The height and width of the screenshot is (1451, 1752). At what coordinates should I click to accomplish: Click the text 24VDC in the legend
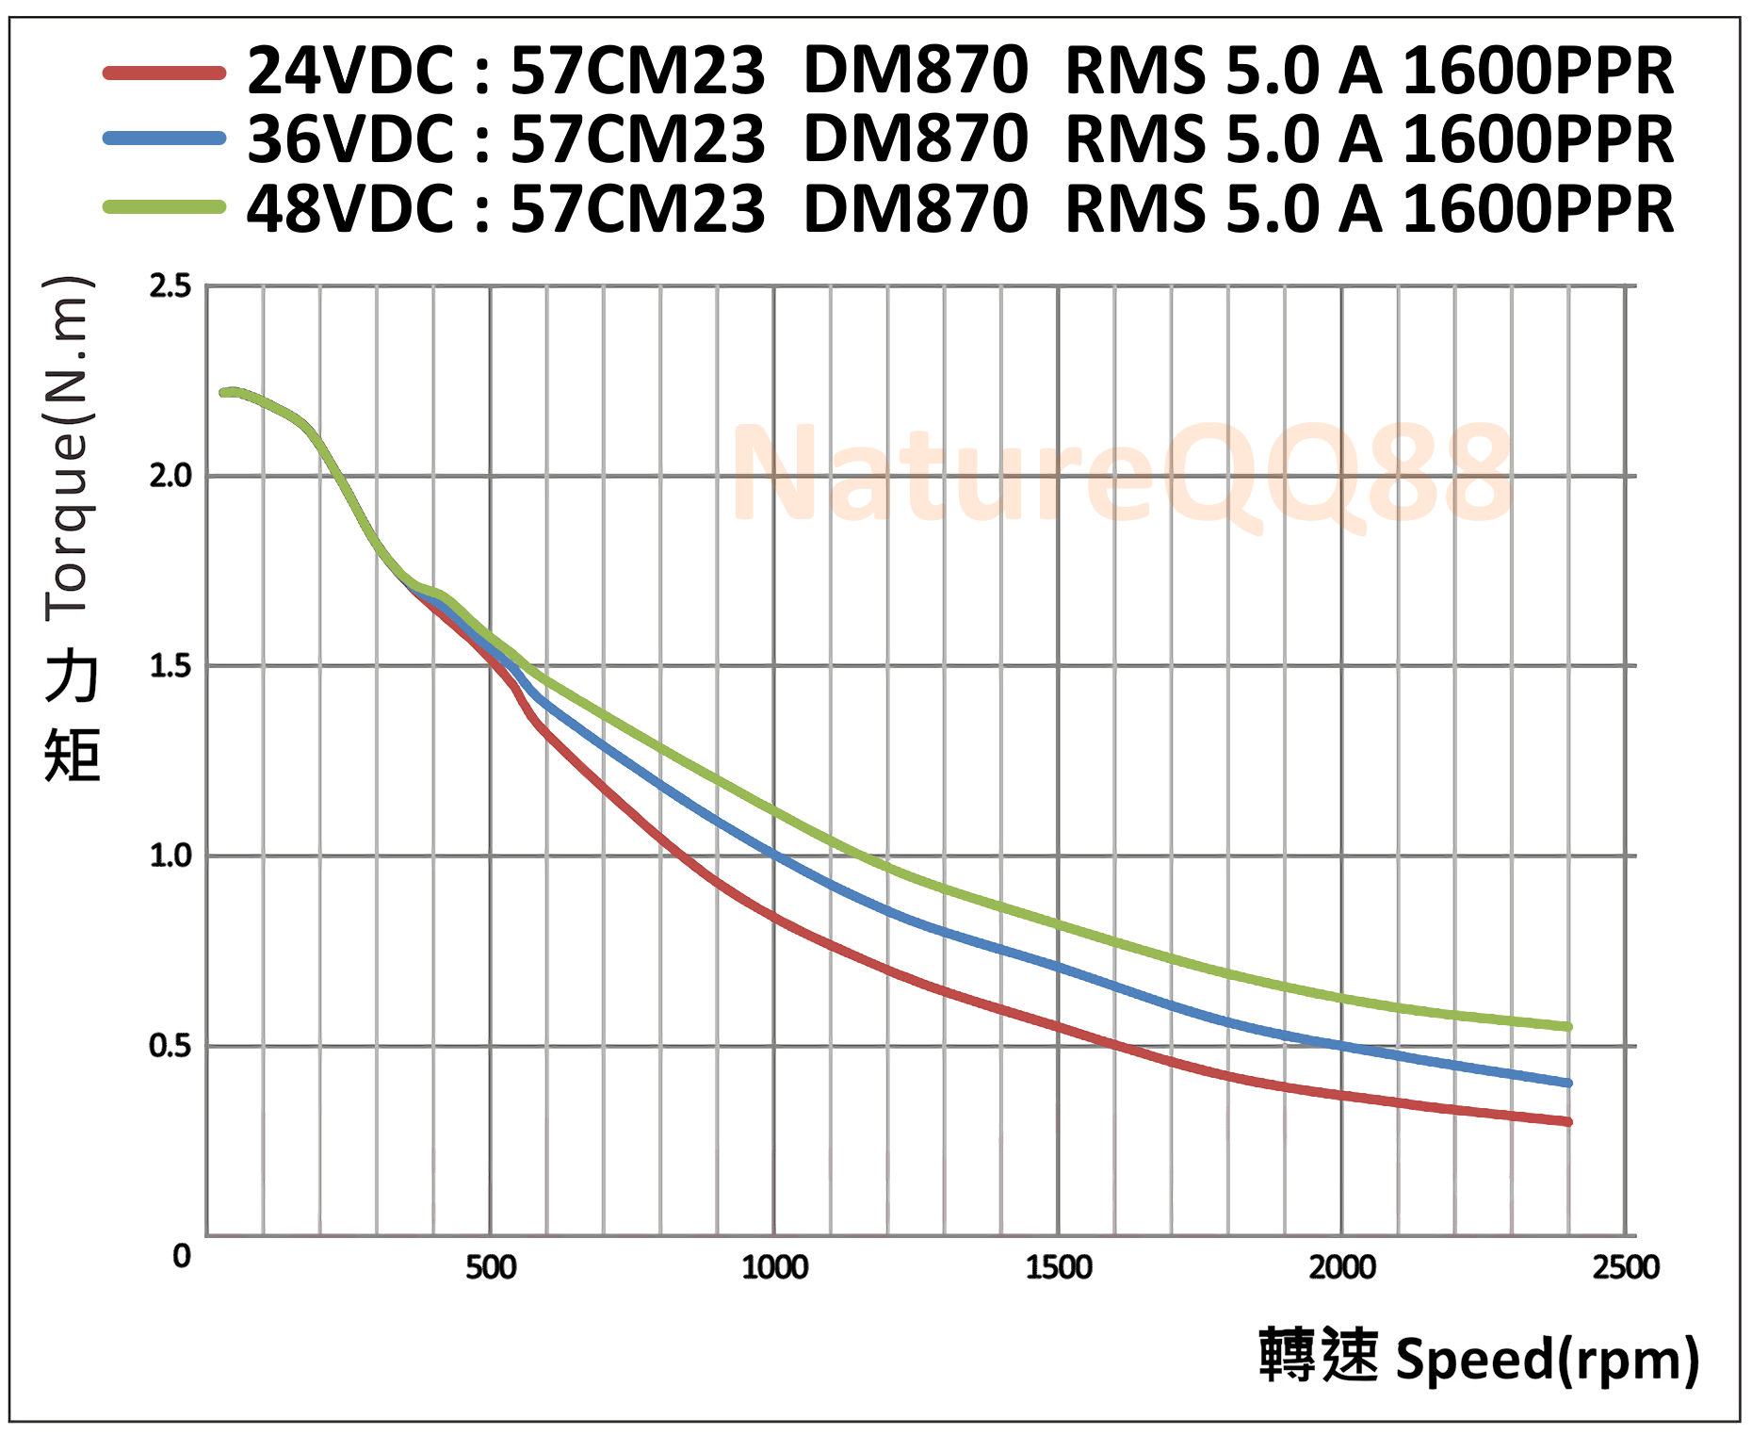coord(350,72)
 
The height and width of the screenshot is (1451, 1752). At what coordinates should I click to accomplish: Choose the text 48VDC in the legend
coord(350,208)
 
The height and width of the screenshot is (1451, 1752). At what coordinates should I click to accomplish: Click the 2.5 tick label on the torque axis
coord(170,285)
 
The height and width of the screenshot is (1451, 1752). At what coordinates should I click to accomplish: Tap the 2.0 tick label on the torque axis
coord(170,476)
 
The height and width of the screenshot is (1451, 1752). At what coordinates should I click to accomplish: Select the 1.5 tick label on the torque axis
coord(170,666)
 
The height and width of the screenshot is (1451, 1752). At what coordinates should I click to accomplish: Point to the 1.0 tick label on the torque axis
coord(170,856)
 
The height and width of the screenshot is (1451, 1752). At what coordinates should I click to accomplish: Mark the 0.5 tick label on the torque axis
coord(170,1046)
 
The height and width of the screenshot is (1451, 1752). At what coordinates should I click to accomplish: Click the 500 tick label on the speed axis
coord(491,1267)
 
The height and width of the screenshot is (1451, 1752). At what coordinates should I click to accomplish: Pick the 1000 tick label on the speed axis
coord(774,1267)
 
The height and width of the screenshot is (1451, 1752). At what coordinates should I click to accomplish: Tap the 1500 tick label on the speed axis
coord(1059,1267)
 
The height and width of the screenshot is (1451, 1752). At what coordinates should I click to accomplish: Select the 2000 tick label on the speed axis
coord(1342,1267)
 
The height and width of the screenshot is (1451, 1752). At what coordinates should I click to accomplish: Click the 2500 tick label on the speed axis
coord(1626,1267)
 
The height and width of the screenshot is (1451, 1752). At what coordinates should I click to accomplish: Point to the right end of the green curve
coord(1567,1027)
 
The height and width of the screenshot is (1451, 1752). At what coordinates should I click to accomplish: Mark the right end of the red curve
coord(1567,1121)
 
